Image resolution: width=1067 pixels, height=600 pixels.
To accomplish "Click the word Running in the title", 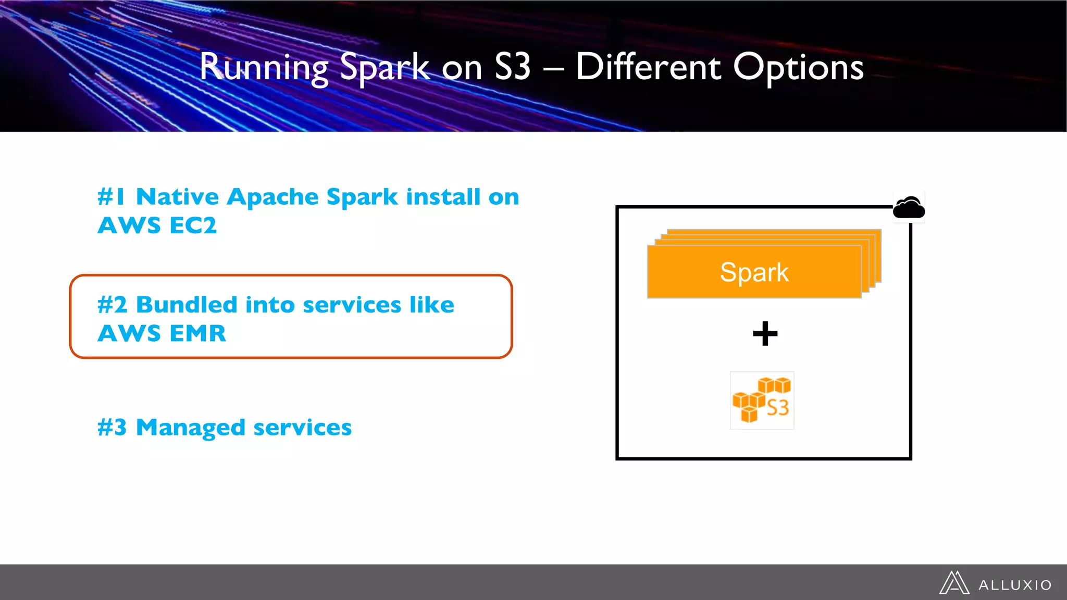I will (x=264, y=68).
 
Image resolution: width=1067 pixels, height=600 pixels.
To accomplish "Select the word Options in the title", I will (x=798, y=68).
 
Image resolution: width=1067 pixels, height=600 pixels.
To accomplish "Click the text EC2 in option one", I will (x=193, y=226).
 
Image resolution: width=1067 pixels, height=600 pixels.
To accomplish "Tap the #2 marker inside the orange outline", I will (x=112, y=305).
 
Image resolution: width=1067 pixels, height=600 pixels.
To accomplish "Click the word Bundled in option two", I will (x=187, y=305).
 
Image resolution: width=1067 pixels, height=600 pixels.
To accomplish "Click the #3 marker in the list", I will (x=112, y=428).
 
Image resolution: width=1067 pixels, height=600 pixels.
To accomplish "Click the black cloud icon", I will (x=909, y=208).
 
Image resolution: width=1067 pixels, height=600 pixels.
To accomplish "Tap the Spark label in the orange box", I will (x=754, y=272).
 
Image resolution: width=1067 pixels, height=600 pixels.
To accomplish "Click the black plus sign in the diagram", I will (x=765, y=333).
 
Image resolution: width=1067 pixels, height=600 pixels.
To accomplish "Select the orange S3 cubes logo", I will (x=762, y=401).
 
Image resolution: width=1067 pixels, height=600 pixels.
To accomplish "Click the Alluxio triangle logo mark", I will (x=954, y=583).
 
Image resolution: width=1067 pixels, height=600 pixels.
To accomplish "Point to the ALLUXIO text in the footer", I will (x=1015, y=585).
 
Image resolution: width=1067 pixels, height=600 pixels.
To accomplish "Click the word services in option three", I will (x=302, y=428).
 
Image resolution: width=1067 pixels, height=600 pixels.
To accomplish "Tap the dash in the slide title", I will (x=553, y=68).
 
